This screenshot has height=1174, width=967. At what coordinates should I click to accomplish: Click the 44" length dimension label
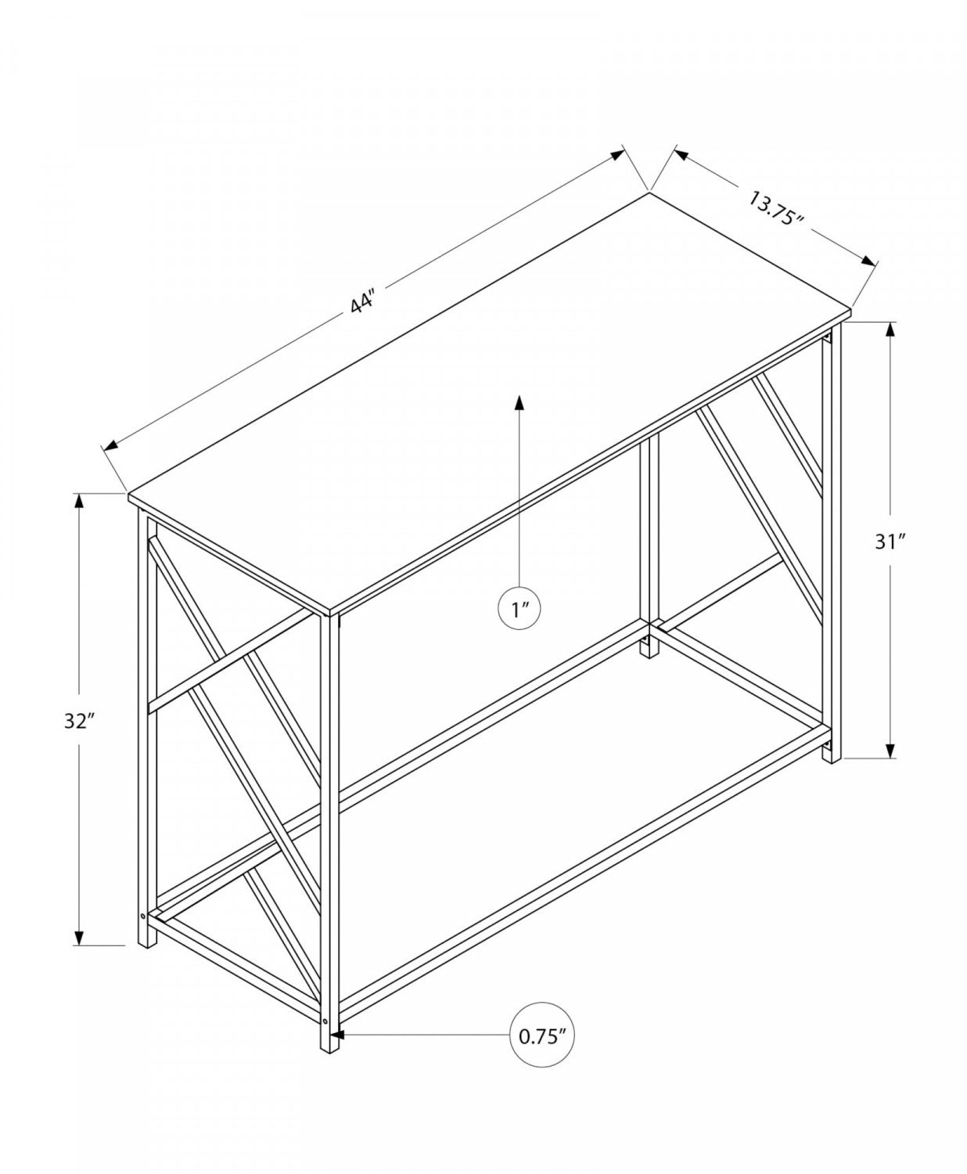364,302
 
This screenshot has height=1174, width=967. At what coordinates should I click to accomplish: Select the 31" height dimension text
890,541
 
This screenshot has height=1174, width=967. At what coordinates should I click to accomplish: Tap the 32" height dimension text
79,721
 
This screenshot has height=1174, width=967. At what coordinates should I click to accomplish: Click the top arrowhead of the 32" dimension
79,502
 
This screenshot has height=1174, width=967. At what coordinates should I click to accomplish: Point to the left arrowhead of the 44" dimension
111,446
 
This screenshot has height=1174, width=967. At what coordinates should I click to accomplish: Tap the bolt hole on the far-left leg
142,915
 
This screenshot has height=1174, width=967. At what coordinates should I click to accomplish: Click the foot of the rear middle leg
649,649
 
